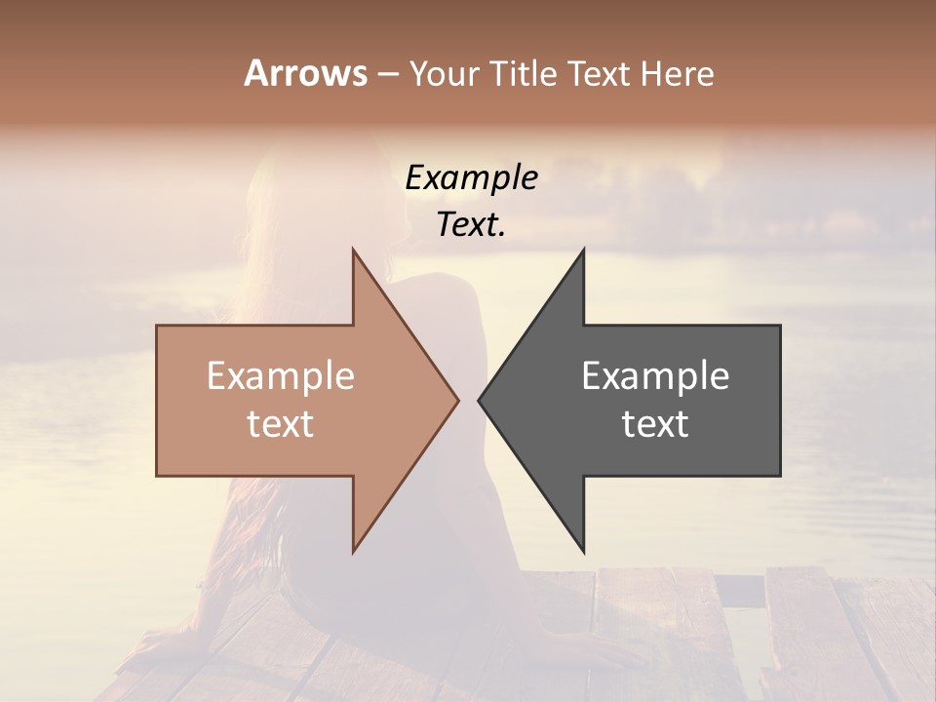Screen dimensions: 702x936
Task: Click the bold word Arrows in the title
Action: coord(305,73)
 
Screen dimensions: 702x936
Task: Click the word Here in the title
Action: coord(676,74)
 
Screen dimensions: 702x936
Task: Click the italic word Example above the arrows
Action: coord(471,178)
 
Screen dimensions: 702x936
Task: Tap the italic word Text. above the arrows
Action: coord(471,225)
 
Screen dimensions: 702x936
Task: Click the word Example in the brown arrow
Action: coord(281,376)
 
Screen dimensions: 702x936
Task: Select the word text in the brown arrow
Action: coord(281,424)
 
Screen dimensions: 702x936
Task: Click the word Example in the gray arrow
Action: coord(655,376)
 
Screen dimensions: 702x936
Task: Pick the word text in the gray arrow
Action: coord(655,424)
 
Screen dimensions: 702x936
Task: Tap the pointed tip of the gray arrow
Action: coord(479,400)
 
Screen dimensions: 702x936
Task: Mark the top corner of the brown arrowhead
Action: coord(353,250)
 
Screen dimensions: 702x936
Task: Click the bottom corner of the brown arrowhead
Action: coord(353,551)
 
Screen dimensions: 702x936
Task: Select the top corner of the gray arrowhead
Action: coord(583,250)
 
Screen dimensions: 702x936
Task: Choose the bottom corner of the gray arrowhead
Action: coord(583,551)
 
